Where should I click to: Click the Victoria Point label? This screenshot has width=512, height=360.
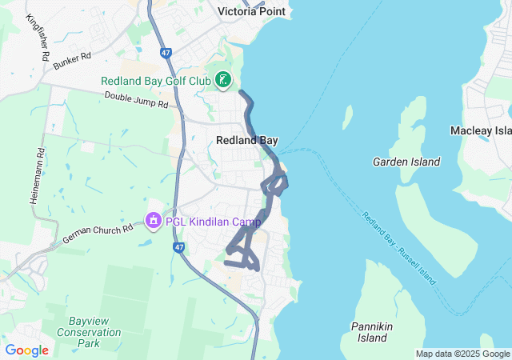click(252, 12)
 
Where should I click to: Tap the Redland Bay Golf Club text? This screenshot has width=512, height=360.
click(155, 81)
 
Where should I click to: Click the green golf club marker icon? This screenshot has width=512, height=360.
click(223, 80)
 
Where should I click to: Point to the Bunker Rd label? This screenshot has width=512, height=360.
click(73, 62)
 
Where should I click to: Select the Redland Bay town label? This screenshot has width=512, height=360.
click(247, 140)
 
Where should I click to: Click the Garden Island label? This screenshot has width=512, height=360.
click(406, 162)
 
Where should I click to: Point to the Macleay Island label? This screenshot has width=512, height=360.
click(481, 130)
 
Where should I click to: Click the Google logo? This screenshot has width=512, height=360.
click(26, 350)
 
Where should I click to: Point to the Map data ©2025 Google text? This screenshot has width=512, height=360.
click(462, 354)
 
